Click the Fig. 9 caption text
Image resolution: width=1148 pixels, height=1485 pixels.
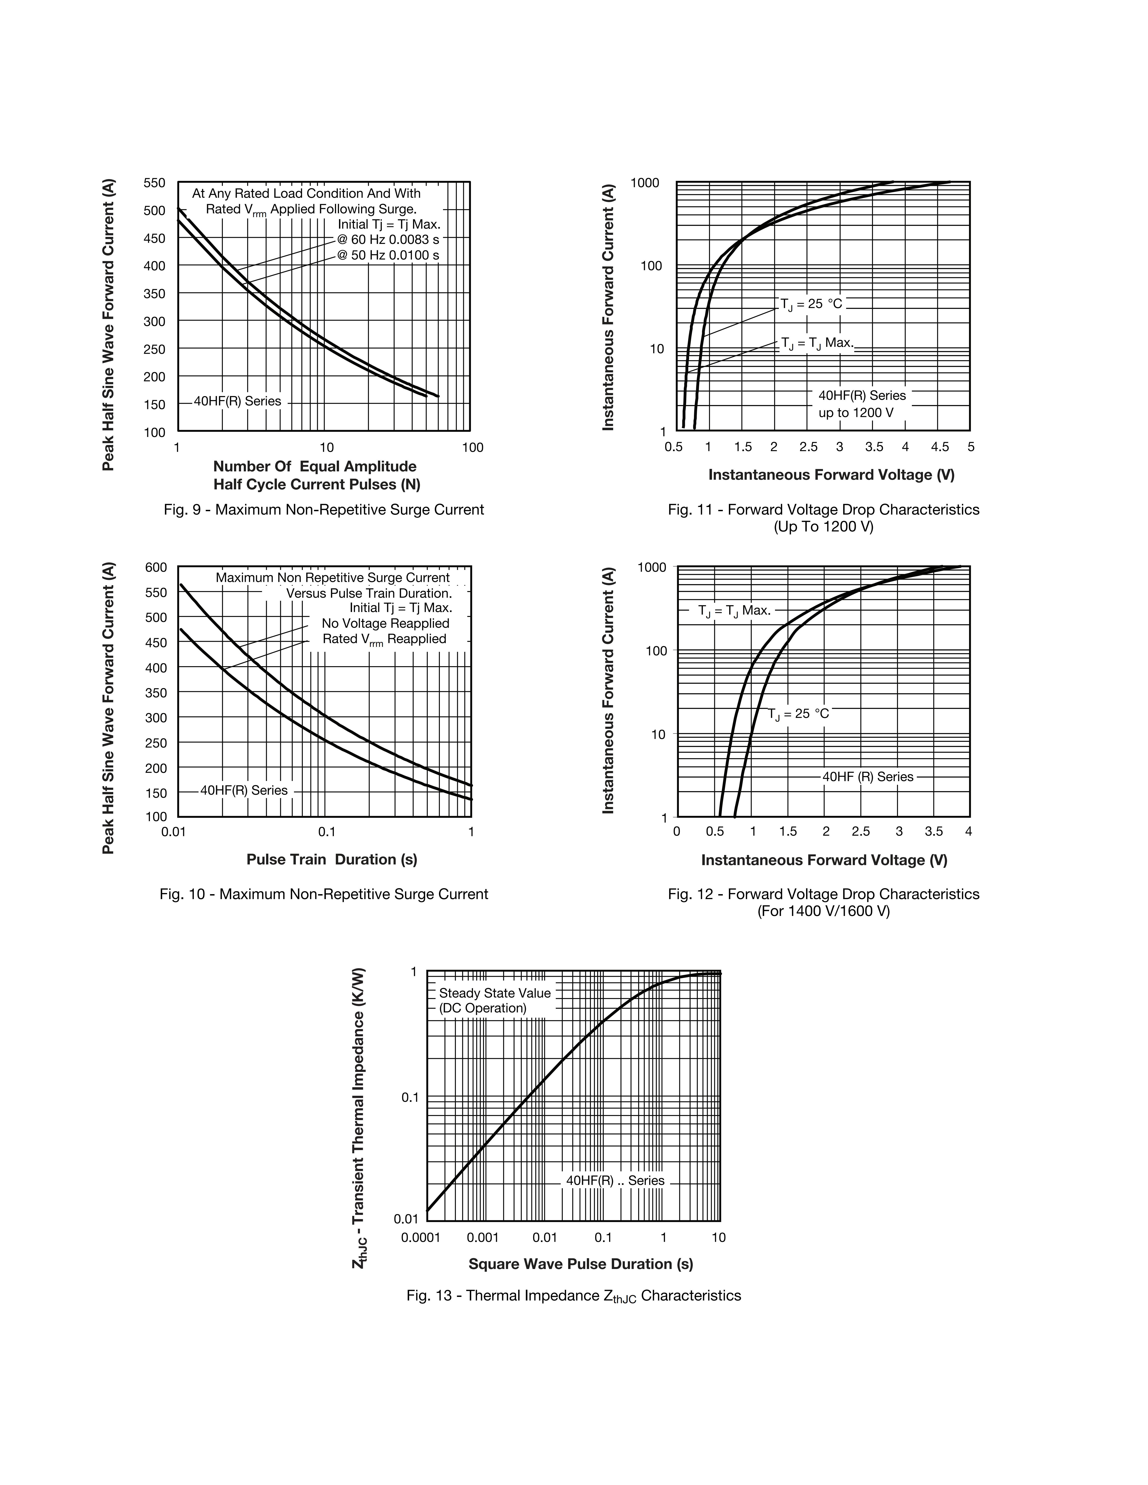(324, 509)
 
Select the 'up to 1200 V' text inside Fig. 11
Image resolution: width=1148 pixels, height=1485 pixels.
(856, 413)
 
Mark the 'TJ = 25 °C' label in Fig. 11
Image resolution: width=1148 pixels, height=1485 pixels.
(811, 304)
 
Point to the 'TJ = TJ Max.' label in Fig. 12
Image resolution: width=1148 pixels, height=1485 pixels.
(734, 611)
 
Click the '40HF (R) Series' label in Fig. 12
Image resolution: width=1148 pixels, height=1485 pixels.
(868, 776)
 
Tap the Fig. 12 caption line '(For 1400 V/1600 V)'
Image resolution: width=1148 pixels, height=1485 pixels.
(824, 911)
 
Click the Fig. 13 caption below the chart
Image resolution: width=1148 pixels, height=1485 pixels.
(573, 1296)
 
